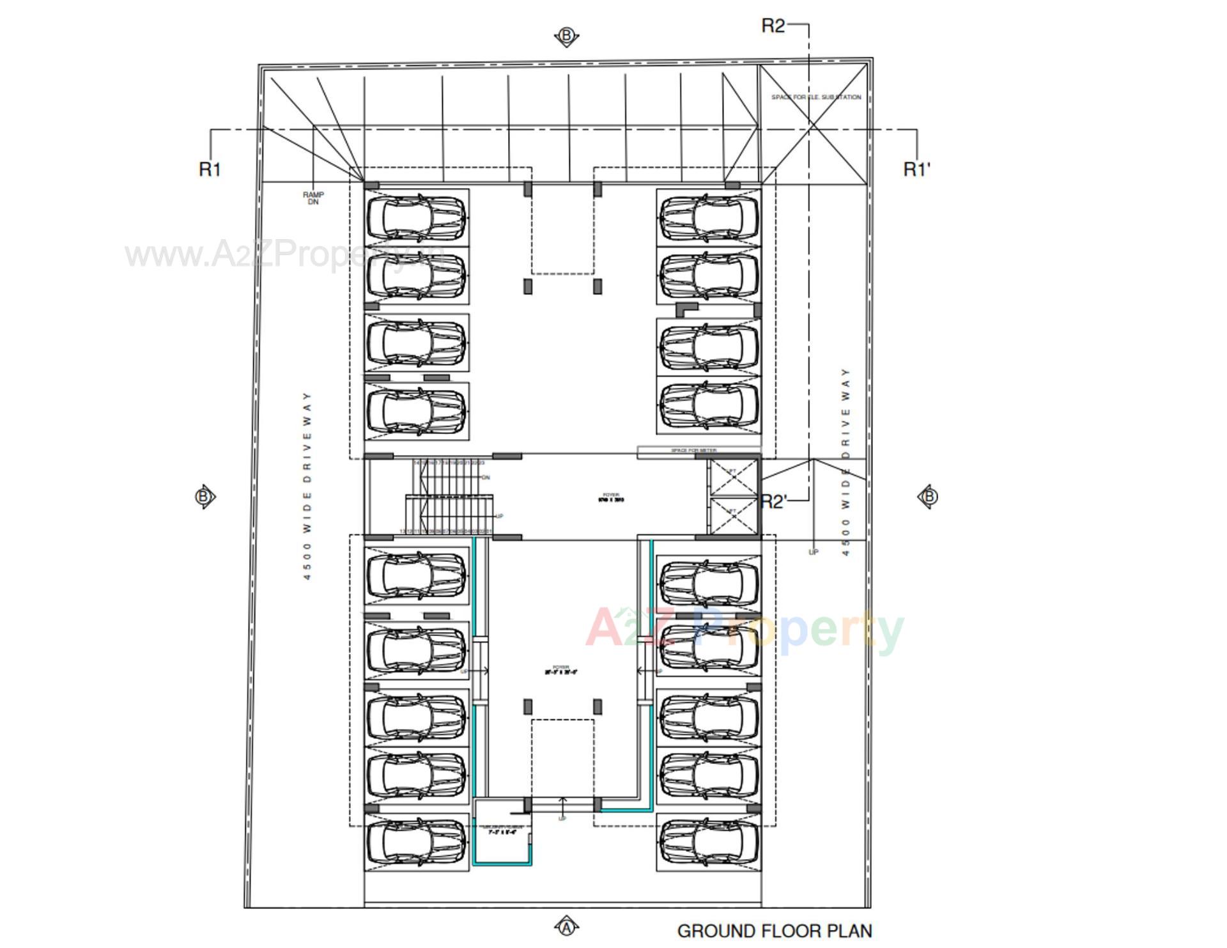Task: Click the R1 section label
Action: tap(210, 169)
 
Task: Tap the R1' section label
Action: tap(916, 169)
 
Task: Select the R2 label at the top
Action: tap(773, 26)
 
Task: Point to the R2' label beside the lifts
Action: tap(773, 502)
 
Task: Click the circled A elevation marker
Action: tap(566, 926)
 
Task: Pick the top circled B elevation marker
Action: tap(566, 36)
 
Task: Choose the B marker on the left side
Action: tap(204, 497)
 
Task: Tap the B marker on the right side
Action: tap(929, 497)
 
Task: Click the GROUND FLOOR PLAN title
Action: tap(774, 931)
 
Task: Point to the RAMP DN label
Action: tap(313, 198)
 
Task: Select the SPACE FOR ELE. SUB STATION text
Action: tap(815, 97)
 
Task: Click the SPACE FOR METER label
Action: tap(693, 451)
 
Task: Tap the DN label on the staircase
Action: tap(486, 478)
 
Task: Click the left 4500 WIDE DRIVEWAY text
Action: tap(308, 486)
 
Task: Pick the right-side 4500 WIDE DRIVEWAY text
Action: tap(846, 462)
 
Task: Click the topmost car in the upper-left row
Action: tap(417, 217)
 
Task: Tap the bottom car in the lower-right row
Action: tap(709, 842)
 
